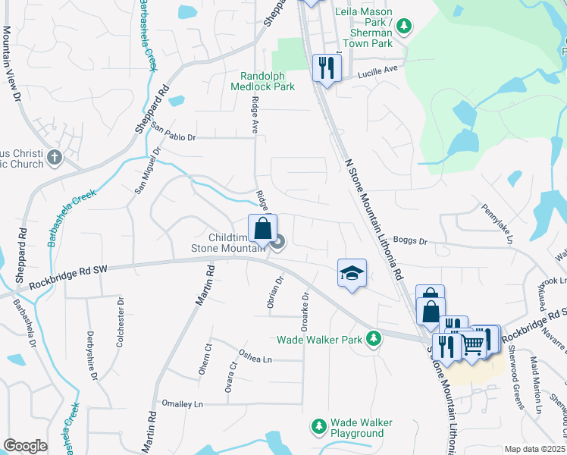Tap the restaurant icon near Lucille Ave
(327, 68)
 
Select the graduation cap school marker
(352, 272)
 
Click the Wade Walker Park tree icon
(373, 339)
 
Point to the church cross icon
(54, 158)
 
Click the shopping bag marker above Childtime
(262, 227)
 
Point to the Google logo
(25, 446)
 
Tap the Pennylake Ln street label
(498, 221)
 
